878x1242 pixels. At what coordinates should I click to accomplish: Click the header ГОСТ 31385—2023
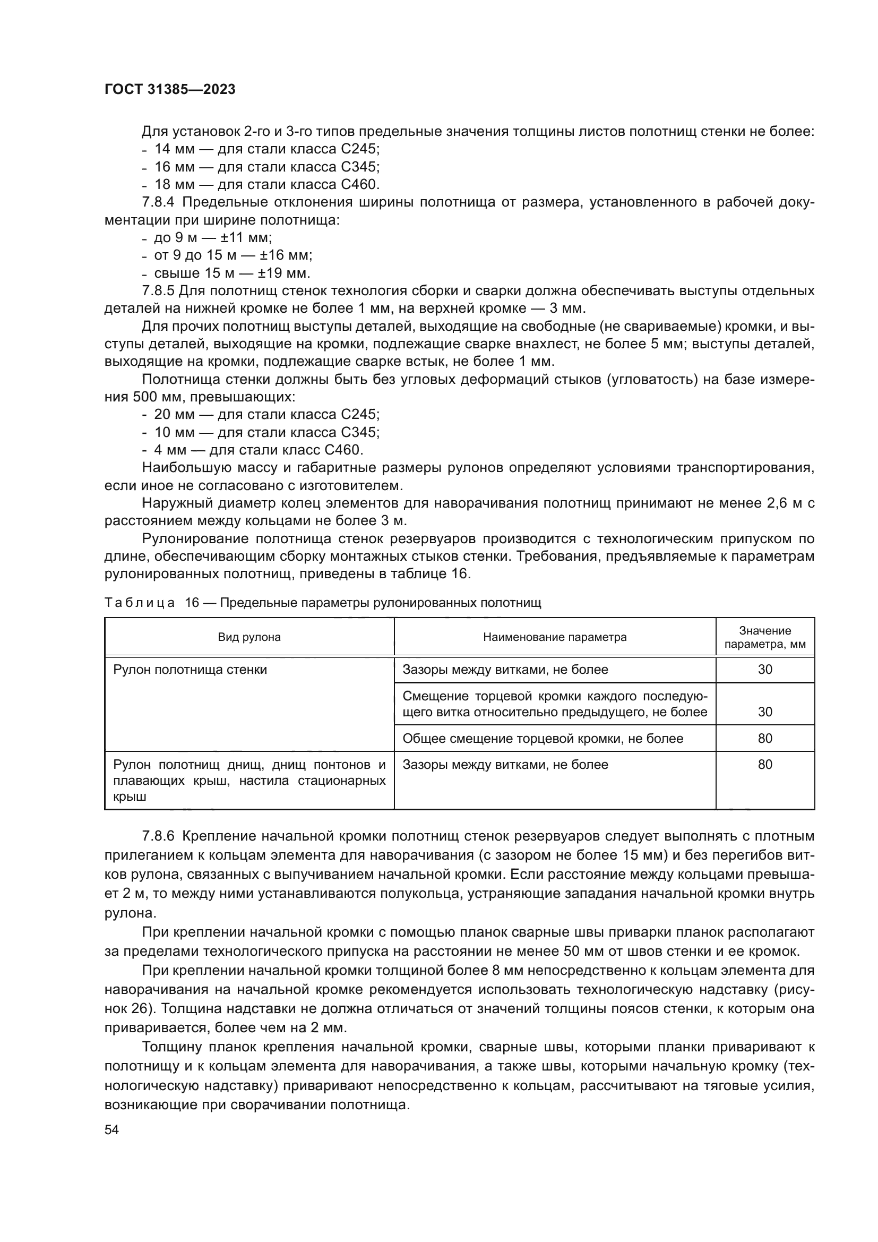coord(170,90)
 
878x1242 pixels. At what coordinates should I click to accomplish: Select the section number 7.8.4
coord(158,203)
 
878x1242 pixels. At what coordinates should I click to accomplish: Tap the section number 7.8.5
coord(158,291)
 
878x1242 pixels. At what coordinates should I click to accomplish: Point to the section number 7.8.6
coord(158,836)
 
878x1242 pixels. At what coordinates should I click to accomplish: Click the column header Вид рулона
coord(249,637)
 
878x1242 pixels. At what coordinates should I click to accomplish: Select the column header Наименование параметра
coord(555,637)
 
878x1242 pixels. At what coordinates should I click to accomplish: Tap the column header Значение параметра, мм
coord(764,637)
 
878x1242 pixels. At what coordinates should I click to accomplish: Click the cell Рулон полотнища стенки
coord(190,670)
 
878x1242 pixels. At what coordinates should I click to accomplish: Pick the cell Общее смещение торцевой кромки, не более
coord(543,739)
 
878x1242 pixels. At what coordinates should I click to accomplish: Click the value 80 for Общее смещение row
coord(764,739)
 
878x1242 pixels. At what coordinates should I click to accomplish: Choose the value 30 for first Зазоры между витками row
coord(764,670)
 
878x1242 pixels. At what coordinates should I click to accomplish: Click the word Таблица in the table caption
coord(140,603)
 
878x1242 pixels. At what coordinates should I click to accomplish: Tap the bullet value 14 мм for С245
coord(174,149)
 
